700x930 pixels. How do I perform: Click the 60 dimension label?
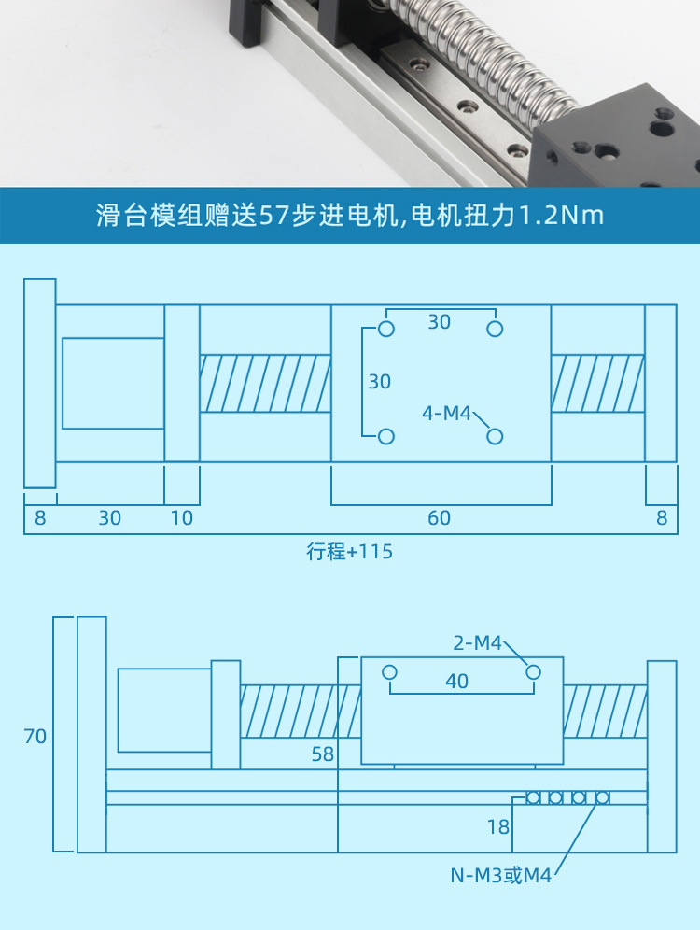(439, 517)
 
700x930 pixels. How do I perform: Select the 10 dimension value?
(182, 517)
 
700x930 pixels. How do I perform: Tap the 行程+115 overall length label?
(350, 552)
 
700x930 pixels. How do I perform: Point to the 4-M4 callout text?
(447, 413)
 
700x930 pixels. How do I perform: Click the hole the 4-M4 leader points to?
(495, 436)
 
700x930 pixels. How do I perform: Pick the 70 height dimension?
(35, 737)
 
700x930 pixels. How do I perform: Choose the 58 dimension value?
(322, 754)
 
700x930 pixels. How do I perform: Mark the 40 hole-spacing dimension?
(456, 682)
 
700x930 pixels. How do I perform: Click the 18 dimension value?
(498, 826)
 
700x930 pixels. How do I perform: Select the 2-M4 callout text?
(478, 642)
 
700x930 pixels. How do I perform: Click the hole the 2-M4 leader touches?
(533, 672)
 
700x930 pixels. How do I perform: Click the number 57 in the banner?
(272, 216)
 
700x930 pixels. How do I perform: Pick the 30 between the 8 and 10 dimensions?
(110, 517)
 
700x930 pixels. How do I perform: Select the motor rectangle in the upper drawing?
(113, 383)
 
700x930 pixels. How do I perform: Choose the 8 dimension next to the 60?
(662, 517)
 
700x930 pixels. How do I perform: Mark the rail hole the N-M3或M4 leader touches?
(602, 797)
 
